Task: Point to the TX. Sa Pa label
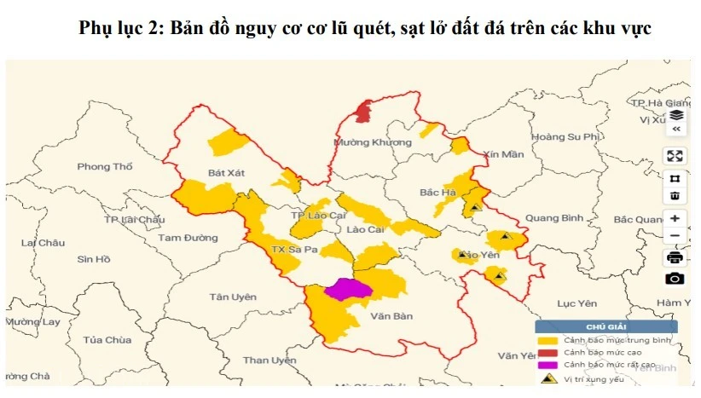293,250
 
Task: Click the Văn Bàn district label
392,316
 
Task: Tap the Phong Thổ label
105,166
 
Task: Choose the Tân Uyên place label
232,297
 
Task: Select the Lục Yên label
575,303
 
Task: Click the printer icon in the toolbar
675,257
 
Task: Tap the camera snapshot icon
675,279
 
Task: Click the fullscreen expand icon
675,156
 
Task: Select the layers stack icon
675,115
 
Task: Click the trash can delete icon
675,197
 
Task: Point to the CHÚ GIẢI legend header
606,326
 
